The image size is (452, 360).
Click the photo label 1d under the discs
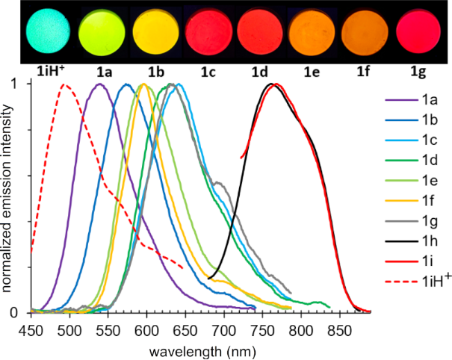pos(261,73)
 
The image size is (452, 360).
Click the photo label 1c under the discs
pos(208,73)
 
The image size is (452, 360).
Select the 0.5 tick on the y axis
pos(30,198)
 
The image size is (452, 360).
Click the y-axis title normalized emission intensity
pos(9,197)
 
